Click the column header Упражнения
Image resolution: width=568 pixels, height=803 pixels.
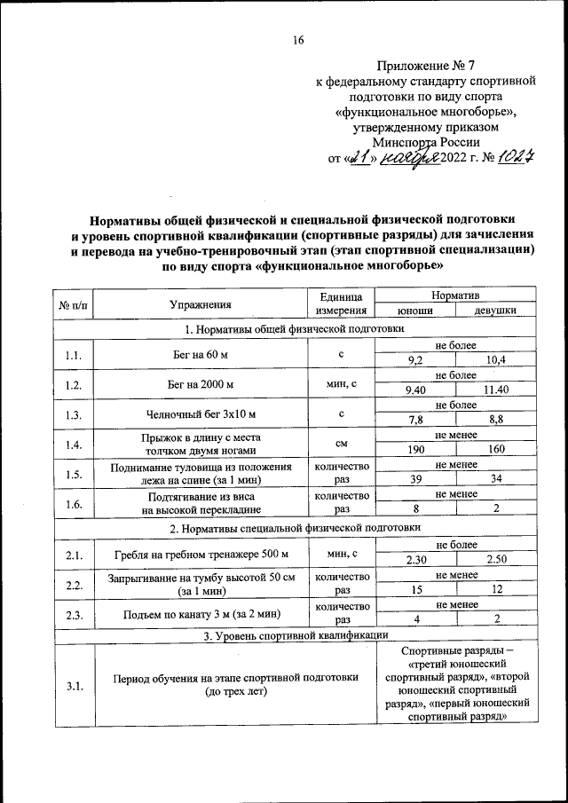[x=200, y=304]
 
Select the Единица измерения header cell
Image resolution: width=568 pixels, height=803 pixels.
[x=341, y=304]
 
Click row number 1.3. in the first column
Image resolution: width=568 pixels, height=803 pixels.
[x=74, y=413]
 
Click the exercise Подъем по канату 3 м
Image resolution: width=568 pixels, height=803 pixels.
[x=200, y=612]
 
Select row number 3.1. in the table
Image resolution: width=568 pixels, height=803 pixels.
[x=74, y=684]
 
